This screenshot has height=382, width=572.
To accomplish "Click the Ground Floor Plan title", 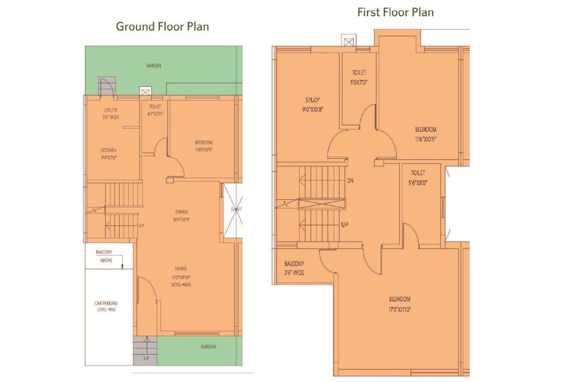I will [x=162, y=26].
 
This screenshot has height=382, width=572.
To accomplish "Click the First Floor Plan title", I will [x=396, y=12].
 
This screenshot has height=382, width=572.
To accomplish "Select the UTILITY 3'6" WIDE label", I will [x=110, y=114].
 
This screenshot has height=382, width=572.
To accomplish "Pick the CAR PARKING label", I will [x=106, y=306].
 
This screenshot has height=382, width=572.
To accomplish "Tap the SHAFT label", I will [x=235, y=209].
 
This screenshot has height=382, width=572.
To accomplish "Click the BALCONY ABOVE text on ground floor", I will [x=104, y=256].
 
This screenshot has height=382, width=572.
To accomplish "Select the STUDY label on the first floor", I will [x=313, y=104].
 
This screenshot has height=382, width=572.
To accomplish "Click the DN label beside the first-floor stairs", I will [x=350, y=181].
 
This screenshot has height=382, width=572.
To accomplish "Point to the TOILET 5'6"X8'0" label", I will [x=417, y=177].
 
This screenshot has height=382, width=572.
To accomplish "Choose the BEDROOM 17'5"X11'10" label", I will [x=399, y=304].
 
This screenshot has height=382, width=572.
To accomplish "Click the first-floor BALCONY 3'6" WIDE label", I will [x=294, y=268].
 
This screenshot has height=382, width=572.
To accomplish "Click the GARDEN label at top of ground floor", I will [x=153, y=65].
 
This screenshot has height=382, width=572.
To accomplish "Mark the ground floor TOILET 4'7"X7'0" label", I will [x=155, y=110].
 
